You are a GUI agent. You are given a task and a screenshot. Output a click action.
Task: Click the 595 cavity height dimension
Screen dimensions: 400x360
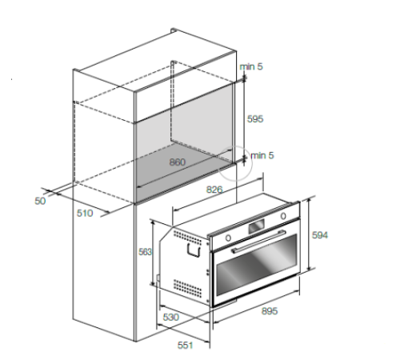pos(255,118)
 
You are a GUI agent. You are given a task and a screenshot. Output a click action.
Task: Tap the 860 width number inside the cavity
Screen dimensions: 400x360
pos(178,162)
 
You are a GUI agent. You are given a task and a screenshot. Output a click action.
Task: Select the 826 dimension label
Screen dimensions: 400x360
pos(214,190)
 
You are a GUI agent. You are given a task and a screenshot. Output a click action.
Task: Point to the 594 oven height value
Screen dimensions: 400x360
pos(320,235)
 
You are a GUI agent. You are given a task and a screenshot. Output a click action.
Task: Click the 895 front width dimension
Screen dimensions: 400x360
pos(270,311)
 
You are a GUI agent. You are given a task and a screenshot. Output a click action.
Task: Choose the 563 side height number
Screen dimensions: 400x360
pos(145,252)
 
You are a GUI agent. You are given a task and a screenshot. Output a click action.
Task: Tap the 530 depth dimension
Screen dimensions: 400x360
pos(171,317)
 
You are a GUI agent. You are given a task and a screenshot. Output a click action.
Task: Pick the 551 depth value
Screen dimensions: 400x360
pos(186,345)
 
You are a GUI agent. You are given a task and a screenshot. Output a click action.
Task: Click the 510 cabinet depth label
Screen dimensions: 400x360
pos(85,213)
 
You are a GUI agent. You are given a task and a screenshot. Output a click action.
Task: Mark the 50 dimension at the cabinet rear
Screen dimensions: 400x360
pos(40,201)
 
